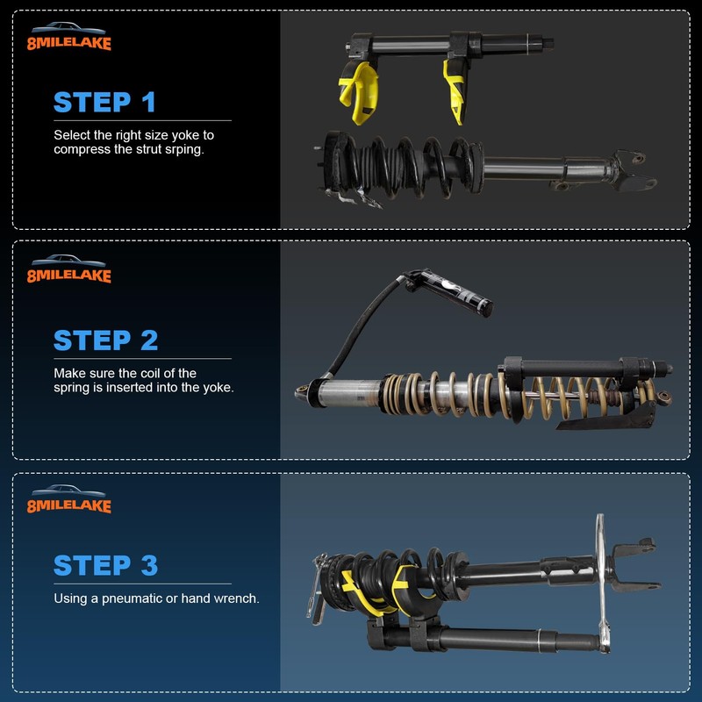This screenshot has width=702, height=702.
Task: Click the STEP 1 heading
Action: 104,102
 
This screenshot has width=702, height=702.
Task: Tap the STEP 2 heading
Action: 104,340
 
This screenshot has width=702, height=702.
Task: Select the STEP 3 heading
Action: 105,565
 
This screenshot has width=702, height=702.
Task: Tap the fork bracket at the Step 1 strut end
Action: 634,170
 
